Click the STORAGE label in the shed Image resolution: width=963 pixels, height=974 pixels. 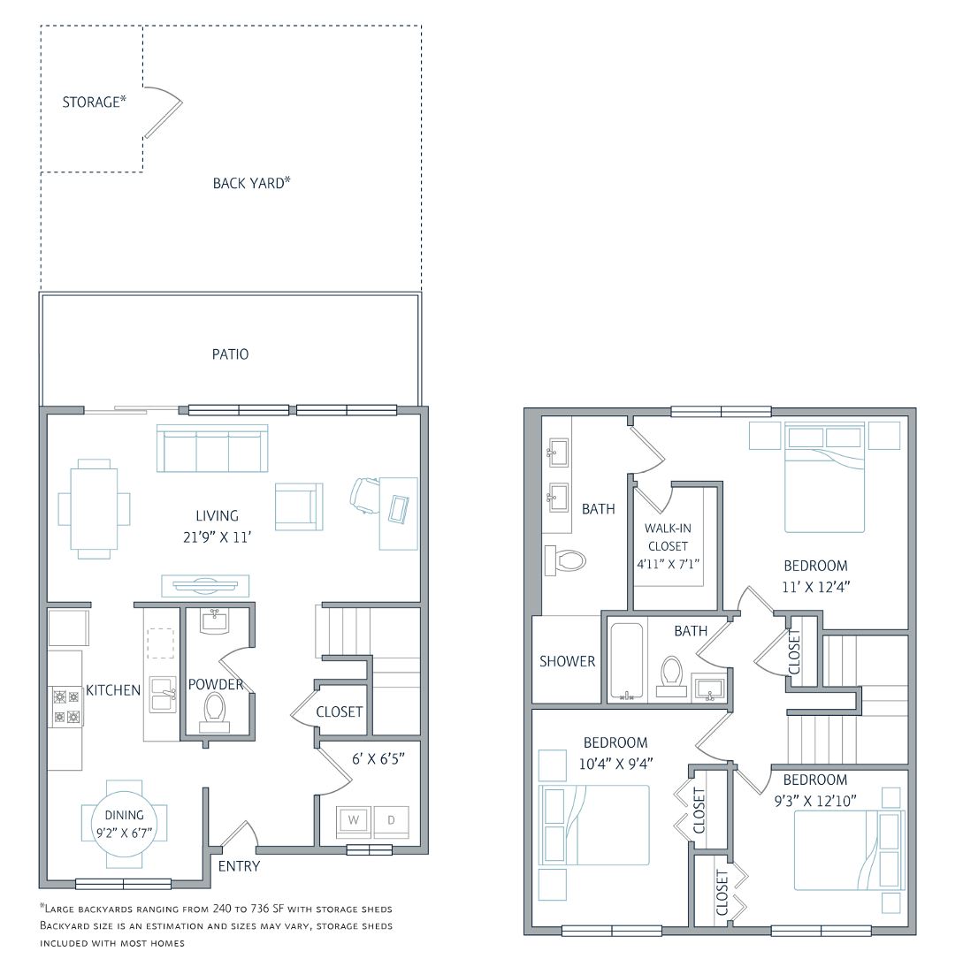(95, 102)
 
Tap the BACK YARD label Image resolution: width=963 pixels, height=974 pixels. (252, 183)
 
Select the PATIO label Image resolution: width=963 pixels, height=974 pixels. (231, 354)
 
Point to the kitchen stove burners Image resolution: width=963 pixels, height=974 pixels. (66, 706)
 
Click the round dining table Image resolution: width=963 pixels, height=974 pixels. (125, 824)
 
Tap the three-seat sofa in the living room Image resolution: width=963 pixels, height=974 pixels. (212, 448)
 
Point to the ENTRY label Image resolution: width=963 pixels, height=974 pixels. (239, 866)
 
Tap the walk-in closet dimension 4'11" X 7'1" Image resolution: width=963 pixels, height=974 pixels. (668, 564)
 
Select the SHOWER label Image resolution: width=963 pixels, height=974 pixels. (567, 661)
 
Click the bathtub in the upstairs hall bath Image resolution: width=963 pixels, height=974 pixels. (627, 662)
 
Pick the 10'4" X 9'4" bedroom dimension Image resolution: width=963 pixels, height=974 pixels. (615, 764)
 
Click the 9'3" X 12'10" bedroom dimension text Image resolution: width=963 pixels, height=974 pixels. (815, 801)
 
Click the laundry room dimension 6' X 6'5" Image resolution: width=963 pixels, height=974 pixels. (378, 758)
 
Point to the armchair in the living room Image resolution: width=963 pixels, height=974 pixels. (299, 506)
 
